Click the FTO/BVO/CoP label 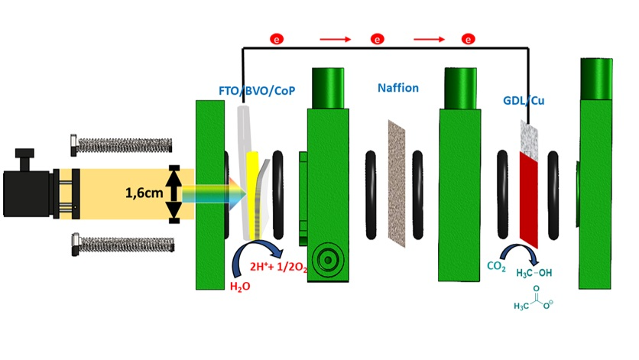coord(257,91)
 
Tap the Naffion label coord(398,88)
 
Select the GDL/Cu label coord(524,100)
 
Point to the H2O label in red coord(239,287)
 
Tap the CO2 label coord(496,267)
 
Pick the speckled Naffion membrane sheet coord(398,183)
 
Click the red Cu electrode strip coord(529,199)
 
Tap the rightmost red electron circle coord(469,38)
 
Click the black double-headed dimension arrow coord(174,194)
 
